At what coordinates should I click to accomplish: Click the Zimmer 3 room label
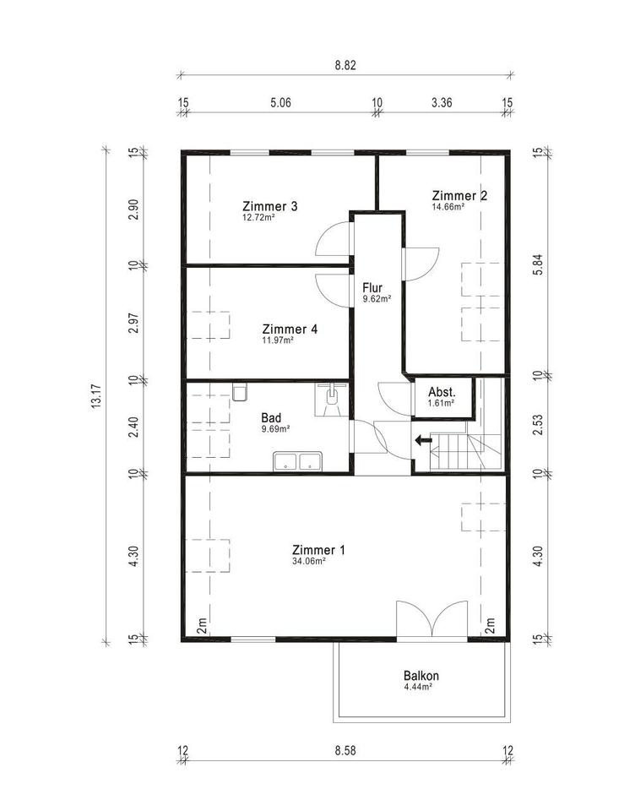[270, 206]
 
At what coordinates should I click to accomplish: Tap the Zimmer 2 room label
[459, 195]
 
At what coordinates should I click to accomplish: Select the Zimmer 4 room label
[290, 329]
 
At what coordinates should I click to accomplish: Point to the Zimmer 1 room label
[318, 549]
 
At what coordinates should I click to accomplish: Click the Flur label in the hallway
[372, 287]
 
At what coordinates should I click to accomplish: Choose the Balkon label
[421, 676]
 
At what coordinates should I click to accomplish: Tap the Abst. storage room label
[442, 392]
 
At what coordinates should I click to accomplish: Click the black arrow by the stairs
[424, 441]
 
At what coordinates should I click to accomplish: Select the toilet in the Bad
[240, 392]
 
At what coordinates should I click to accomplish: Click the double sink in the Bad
[298, 461]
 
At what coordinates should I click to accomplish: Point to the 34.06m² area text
[309, 561]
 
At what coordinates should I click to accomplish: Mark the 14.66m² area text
[448, 206]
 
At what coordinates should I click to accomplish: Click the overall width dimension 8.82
[345, 66]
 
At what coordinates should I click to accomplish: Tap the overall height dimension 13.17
[96, 397]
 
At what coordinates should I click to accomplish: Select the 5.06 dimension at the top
[281, 102]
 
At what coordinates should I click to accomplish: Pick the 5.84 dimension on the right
[538, 264]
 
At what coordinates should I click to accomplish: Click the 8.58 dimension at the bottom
[345, 750]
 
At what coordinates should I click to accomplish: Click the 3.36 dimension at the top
[442, 102]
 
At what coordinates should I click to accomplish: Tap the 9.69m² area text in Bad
[275, 429]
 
